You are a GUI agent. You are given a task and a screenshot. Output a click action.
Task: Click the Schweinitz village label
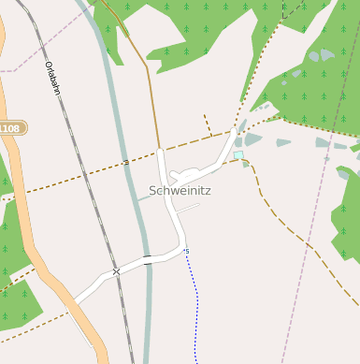point(180,191)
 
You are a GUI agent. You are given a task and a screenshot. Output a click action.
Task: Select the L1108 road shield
point(9,128)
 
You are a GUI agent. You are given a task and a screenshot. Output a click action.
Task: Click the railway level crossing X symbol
point(116,271)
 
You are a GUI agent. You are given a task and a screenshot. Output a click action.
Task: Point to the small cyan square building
point(238,154)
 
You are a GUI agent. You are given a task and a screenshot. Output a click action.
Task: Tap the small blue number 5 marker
point(187,251)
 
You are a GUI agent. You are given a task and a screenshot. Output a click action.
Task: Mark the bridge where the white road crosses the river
point(148,258)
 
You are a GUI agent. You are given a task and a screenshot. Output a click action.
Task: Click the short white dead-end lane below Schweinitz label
point(188,209)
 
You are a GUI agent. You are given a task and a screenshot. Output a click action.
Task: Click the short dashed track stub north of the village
point(207,124)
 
